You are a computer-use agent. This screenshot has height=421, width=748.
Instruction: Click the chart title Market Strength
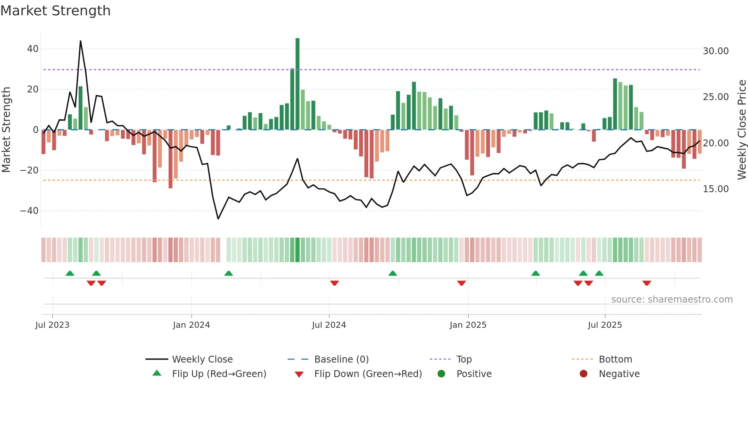click(55, 11)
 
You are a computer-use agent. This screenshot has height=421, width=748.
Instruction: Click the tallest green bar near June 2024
click(297, 84)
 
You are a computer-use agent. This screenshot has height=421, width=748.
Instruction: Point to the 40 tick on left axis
click(33, 49)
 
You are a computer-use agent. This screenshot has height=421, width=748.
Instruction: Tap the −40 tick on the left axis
click(29, 210)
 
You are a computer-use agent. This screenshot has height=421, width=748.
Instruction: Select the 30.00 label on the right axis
click(716, 51)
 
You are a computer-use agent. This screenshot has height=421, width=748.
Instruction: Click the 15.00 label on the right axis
click(716, 189)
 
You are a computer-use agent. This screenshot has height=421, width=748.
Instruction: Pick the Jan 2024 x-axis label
click(191, 325)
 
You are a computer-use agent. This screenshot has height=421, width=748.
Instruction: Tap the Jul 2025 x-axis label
click(605, 325)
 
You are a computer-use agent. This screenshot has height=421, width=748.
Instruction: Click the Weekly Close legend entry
click(202, 359)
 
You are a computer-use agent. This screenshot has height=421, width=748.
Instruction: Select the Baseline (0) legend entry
click(341, 359)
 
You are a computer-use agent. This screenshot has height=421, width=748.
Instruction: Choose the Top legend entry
click(464, 359)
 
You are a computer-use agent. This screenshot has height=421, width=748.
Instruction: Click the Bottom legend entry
click(615, 359)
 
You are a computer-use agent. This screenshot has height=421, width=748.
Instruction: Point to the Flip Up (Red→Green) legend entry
click(219, 374)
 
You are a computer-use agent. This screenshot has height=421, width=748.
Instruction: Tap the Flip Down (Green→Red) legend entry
click(368, 374)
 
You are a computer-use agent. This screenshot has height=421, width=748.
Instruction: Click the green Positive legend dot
click(441, 374)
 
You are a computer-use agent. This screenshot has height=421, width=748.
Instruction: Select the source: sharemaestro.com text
click(672, 300)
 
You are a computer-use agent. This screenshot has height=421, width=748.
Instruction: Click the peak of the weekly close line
click(81, 41)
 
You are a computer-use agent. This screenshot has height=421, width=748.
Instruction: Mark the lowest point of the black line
click(218, 219)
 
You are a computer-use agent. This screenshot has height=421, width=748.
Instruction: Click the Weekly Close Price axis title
click(742, 130)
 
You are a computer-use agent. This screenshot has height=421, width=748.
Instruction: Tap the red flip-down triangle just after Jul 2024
click(334, 283)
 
